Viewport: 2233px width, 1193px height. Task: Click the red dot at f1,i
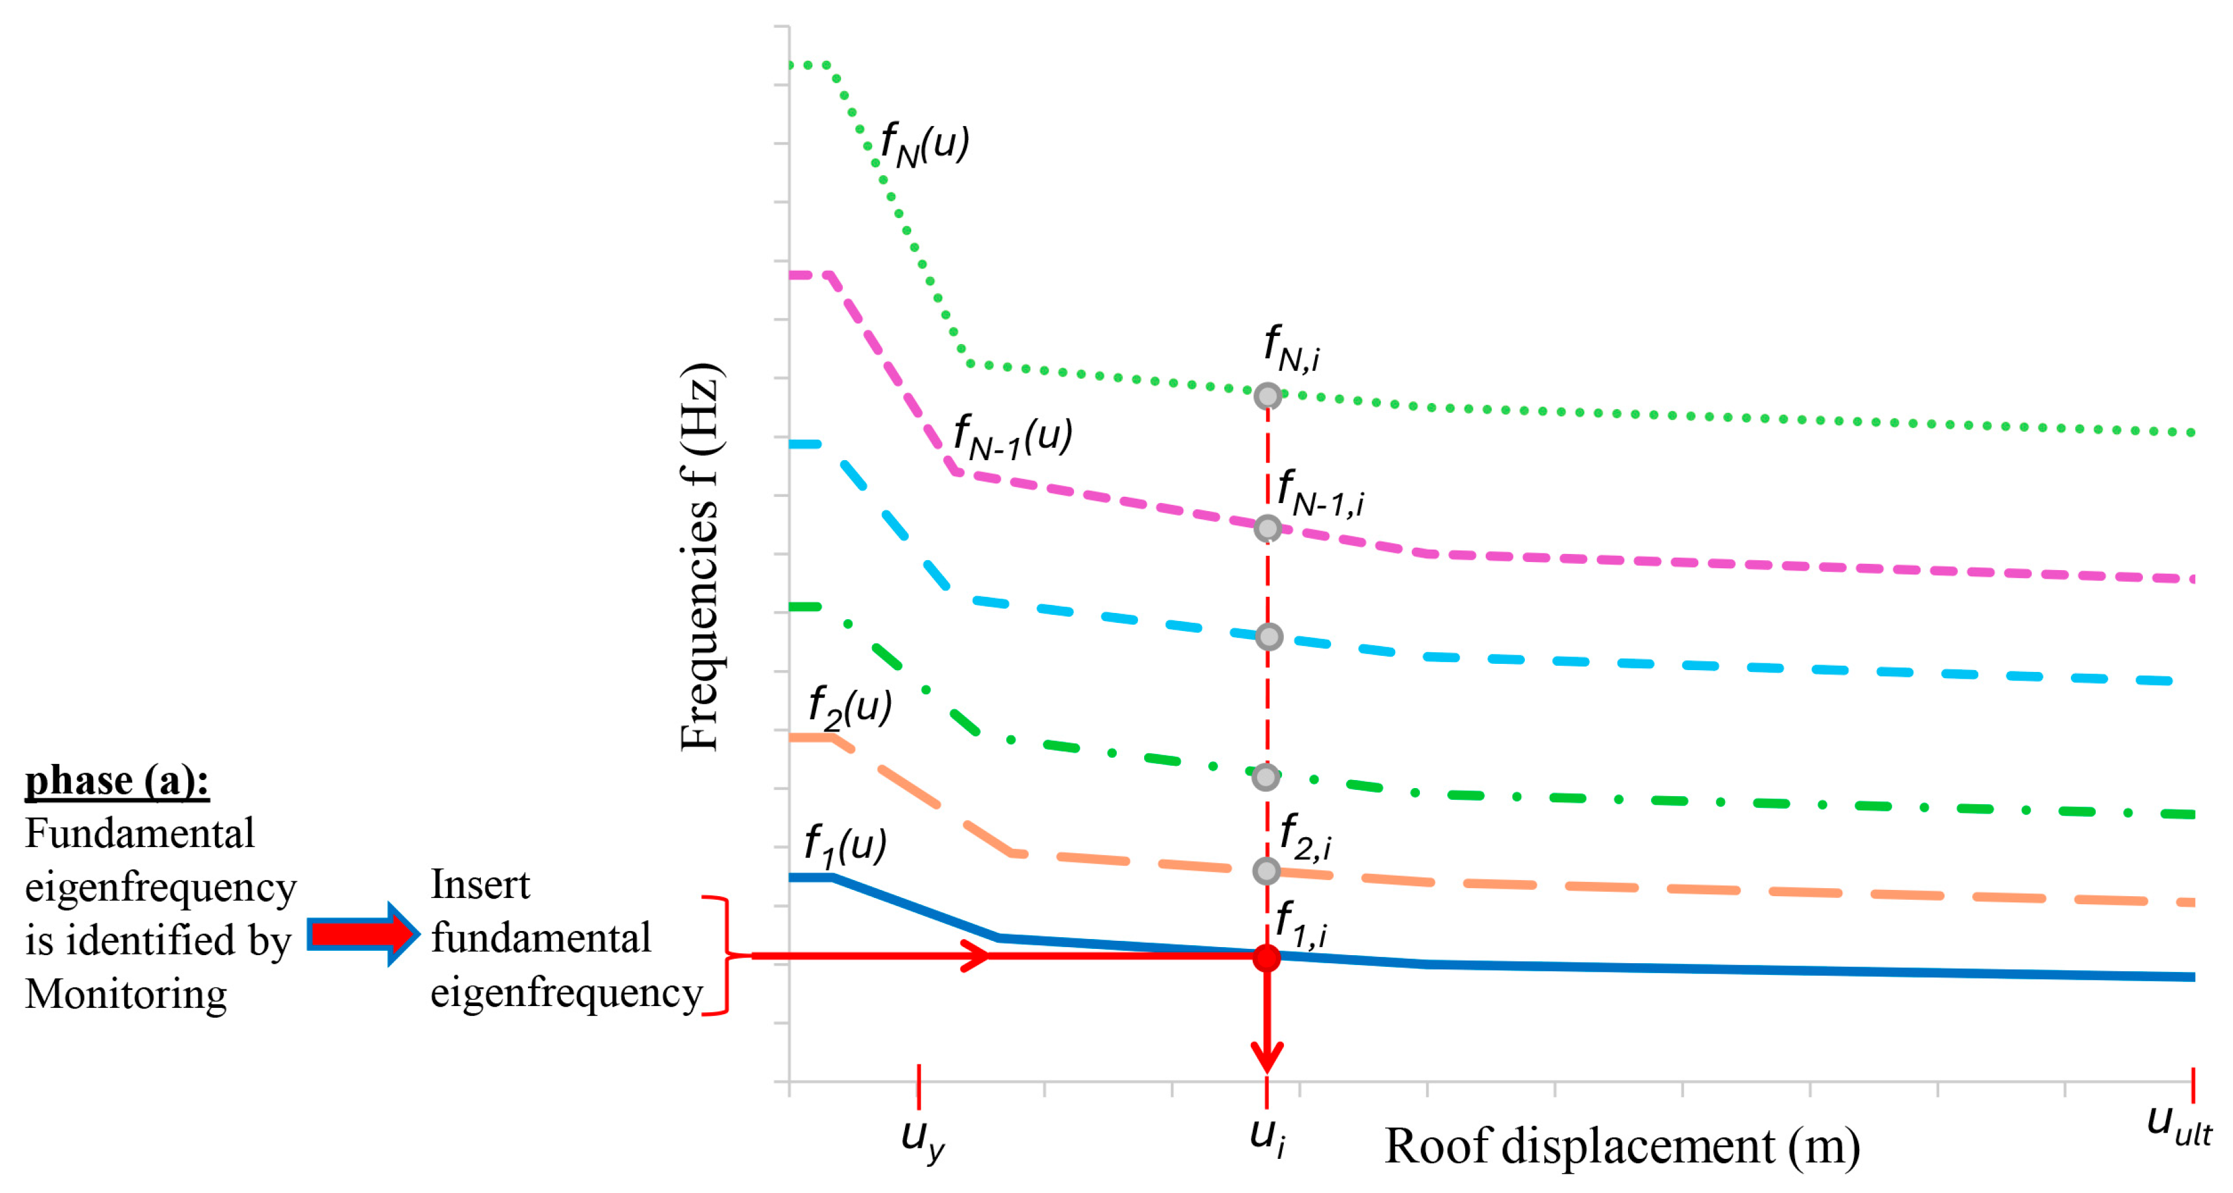[x=1267, y=957]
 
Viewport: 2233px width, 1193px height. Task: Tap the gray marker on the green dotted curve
[x=1267, y=396]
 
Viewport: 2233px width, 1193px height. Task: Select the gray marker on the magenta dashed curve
[x=1267, y=528]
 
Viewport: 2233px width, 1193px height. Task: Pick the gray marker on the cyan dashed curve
[x=1268, y=637]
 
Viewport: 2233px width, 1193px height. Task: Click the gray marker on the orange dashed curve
[x=1267, y=871]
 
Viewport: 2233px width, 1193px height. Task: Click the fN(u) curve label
[x=924, y=145]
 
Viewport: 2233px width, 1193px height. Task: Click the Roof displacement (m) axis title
[x=1622, y=1146]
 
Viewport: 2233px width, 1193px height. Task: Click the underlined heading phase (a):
[x=117, y=780]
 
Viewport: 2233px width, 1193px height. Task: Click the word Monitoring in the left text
[x=125, y=994]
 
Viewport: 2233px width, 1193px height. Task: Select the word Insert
[x=480, y=884]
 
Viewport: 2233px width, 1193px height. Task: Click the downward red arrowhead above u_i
[x=1267, y=1058]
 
